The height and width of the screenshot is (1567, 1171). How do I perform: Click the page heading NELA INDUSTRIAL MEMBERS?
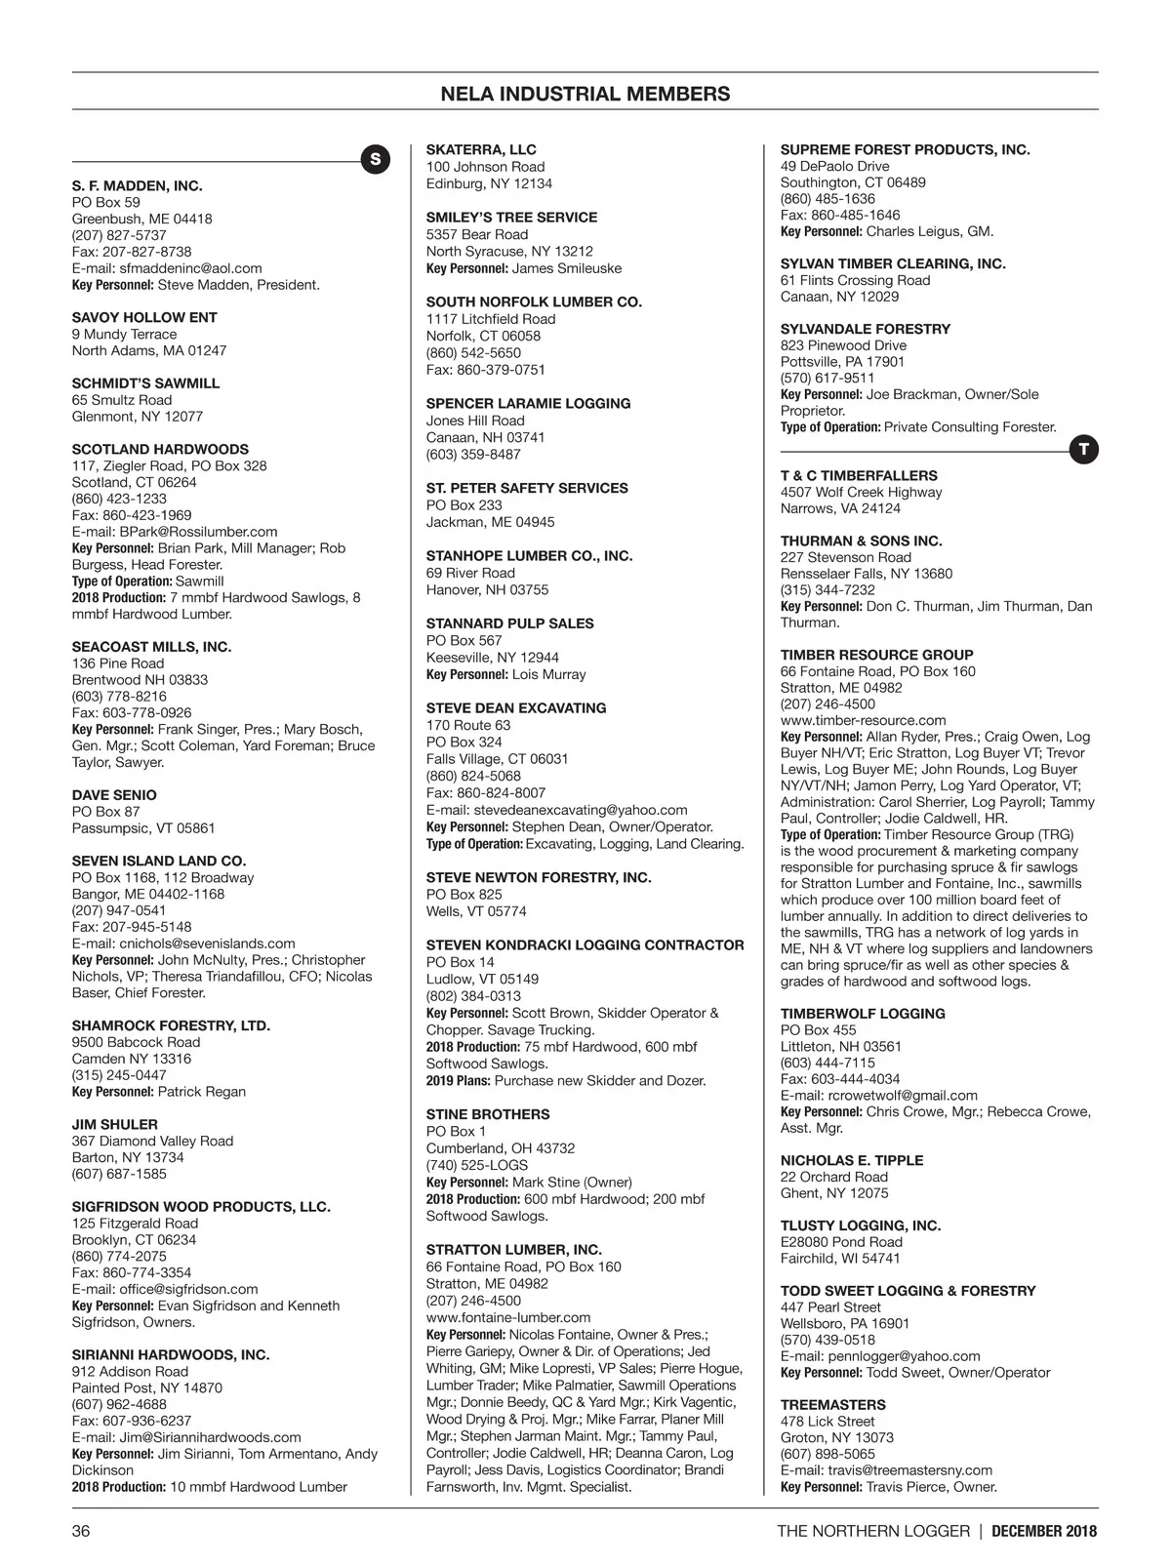[585, 94]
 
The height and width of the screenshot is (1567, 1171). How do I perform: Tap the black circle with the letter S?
[376, 159]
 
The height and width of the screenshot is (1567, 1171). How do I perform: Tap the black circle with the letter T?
[1083, 450]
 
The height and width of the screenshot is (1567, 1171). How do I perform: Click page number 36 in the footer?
[81, 1530]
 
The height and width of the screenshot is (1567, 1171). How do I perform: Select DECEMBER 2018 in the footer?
[1044, 1530]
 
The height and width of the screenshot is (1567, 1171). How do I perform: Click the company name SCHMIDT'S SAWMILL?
[145, 383]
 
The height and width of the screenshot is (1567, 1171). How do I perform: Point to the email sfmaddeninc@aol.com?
[190, 268]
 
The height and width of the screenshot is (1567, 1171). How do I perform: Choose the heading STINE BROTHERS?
[487, 1114]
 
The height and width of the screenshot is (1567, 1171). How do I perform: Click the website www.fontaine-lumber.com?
[507, 1317]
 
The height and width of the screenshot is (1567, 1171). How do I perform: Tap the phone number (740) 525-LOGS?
[476, 1165]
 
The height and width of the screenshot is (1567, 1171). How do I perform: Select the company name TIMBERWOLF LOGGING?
[848, 1014]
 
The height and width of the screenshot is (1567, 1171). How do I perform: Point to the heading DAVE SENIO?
[114, 795]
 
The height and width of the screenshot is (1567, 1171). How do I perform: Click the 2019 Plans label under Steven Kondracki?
[458, 1081]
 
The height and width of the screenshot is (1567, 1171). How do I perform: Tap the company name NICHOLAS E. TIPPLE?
[851, 1160]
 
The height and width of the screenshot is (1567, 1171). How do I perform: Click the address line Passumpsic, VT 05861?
[142, 828]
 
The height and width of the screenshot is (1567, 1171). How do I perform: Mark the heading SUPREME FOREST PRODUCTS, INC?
[905, 149]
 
